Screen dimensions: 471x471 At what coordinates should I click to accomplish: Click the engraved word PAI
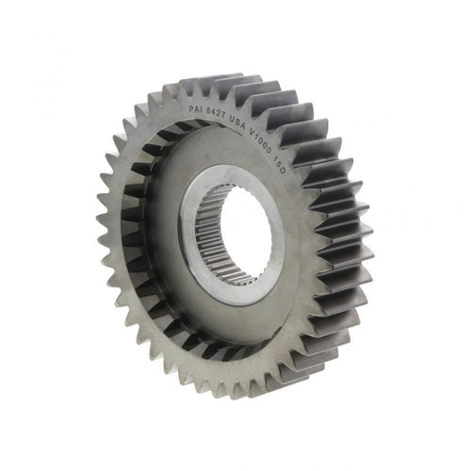pos(195,108)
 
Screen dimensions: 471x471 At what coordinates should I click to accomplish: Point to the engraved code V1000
pos(261,139)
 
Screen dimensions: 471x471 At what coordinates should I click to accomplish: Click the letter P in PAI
pos(191,108)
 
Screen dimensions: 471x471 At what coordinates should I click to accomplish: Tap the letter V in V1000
pos(252,132)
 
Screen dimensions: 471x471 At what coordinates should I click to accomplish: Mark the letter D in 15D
pos(282,171)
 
